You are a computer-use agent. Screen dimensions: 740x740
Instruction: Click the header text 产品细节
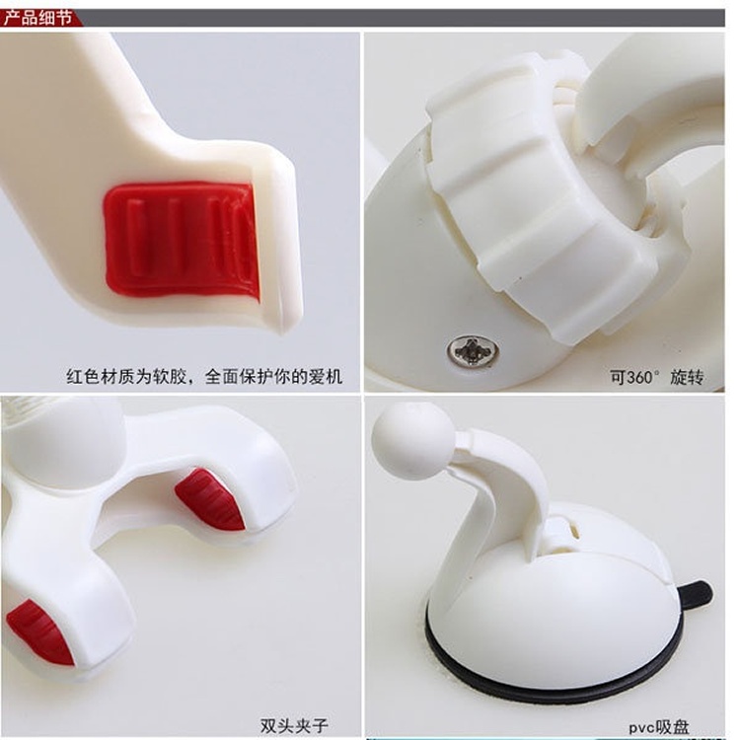click(x=37, y=18)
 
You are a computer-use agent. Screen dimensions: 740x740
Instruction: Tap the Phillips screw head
click(x=473, y=350)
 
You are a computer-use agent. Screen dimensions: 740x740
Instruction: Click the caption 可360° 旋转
click(x=656, y=377)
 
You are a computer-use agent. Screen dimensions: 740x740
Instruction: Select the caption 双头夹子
click(x=294, y=725)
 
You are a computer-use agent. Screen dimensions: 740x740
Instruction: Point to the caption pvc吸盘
click(x=659, y=727)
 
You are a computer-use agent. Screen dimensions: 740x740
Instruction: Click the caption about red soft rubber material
click(x=204, y=377)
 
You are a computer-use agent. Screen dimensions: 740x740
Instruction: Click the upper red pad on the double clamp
click(x=210, y=499)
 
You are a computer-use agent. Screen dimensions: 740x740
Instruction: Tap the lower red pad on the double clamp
click(x=40, y=632)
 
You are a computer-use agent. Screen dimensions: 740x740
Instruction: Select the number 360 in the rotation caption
click(x=640, y=378)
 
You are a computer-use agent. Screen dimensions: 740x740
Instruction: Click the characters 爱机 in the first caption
click(x=326, y=377)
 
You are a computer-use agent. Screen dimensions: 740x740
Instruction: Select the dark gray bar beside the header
click(x=404, y=18)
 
